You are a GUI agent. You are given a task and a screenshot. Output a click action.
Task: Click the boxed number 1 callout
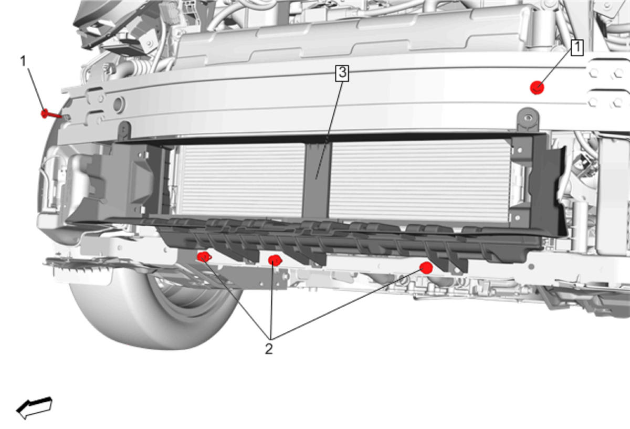(x=577, y=48)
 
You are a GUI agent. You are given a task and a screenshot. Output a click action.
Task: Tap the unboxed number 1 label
(x=23, y=61)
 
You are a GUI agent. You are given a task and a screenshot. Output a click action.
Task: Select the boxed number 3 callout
(x=342, y=74)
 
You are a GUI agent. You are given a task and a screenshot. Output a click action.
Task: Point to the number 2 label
(x=269, y=349)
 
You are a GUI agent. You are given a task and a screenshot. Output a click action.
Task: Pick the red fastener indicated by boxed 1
(x=537, y=88)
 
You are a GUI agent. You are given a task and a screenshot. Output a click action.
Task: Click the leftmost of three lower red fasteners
(x=204, y=257)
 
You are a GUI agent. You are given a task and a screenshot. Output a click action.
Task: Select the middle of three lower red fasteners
(x=275, y=260)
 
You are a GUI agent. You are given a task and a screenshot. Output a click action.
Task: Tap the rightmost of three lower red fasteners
(x=426, y=267)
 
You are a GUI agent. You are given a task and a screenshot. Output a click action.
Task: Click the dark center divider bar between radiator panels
(x=317, y=180)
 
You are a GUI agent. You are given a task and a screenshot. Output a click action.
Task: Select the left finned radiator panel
(x=241, y=180)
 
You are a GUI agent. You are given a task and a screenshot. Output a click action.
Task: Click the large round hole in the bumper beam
(x=119, y=104)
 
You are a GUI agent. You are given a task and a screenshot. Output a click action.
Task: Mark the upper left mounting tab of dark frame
(x=124, y=131)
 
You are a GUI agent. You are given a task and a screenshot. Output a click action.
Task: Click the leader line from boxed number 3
(x=329, y=130)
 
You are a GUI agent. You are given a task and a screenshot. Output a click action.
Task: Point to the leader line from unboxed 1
(x=36, y=89)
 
